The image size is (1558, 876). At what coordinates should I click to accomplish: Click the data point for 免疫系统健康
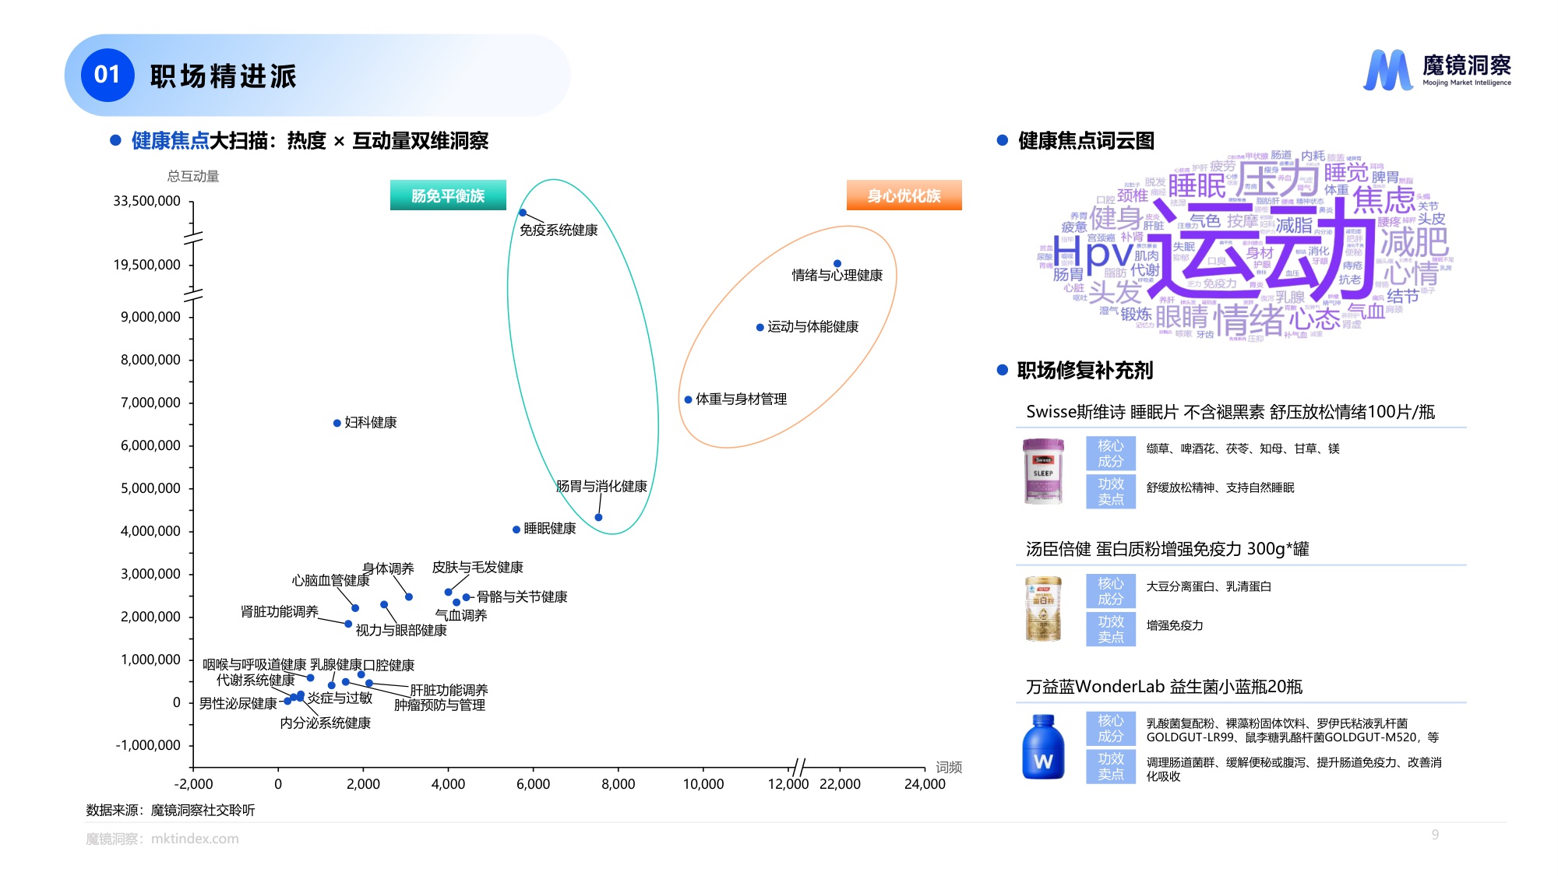[523, 213]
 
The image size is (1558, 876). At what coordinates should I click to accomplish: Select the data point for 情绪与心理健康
[837, 264]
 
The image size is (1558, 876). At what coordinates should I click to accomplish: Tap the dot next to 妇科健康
[337, 424]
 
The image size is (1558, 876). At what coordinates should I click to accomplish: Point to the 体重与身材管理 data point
[689, 400]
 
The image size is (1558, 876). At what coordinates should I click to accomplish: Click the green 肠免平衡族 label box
[448, 195]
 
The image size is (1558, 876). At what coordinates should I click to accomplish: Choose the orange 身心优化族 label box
[904, 195]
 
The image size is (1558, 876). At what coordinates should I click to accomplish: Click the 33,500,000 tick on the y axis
[147, 201]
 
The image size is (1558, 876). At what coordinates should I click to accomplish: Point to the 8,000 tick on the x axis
[618, 784]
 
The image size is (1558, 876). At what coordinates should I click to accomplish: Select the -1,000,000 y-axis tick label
[148, 745]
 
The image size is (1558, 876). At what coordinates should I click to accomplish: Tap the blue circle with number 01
[108, 75]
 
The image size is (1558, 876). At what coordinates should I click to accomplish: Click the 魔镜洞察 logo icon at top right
[1388, 70]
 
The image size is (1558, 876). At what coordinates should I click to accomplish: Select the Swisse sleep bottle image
[1043, 471]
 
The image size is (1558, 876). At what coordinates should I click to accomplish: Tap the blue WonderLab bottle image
[1043, 748]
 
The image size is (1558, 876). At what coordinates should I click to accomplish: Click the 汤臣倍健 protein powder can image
[1043, 609]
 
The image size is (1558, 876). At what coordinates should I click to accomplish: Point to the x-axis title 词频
[949, 767]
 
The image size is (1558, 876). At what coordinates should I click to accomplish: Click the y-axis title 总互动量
[193, 176]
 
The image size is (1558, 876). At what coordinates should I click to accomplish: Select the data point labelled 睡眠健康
[516, 529]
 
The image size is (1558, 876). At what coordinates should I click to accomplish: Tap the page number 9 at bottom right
[1435, 835]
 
